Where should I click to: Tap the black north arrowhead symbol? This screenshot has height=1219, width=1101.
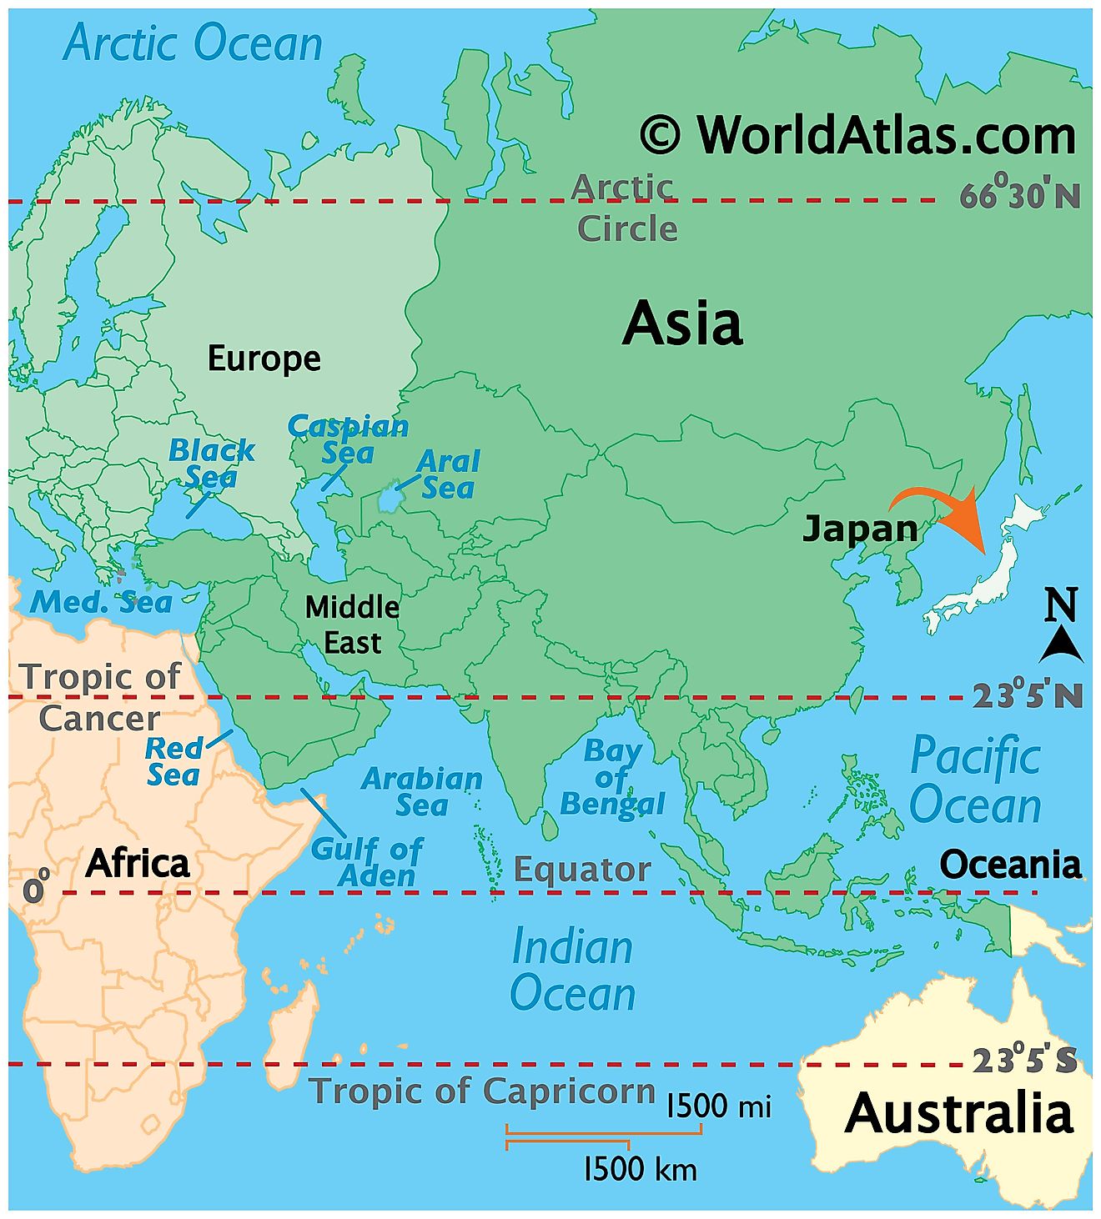point(1062,645)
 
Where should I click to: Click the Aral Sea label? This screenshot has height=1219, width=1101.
point(449,474)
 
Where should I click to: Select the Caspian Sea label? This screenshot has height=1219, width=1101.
point(348,439)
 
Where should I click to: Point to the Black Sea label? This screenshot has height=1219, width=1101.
point(211,464)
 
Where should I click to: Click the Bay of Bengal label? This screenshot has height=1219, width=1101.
point(612,777)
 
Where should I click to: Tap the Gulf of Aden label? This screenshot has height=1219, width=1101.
point(366,862)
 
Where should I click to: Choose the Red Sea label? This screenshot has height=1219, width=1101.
point(173,760)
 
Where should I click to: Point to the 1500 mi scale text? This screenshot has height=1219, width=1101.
point(719,1106)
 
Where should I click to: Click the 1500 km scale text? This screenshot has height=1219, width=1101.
point(640,1169)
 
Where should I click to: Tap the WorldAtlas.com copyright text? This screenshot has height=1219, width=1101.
point(857,135)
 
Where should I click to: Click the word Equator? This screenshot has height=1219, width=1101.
point(581,870)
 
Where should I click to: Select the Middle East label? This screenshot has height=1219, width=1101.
point(352,625)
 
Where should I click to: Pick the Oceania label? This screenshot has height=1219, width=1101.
point(1010,865)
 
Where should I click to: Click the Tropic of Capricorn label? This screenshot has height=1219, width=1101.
point(482,1091)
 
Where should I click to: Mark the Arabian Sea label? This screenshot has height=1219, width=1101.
point(422,791)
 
